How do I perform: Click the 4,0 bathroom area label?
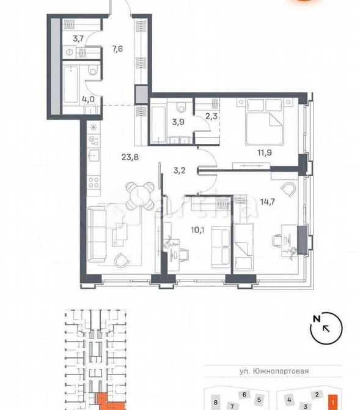coord(72,99)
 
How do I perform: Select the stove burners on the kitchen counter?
coord(94,182)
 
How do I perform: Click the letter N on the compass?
coord(316,318)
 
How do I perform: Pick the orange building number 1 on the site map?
coord(331,403)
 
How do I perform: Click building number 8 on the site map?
coord(216,403)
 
